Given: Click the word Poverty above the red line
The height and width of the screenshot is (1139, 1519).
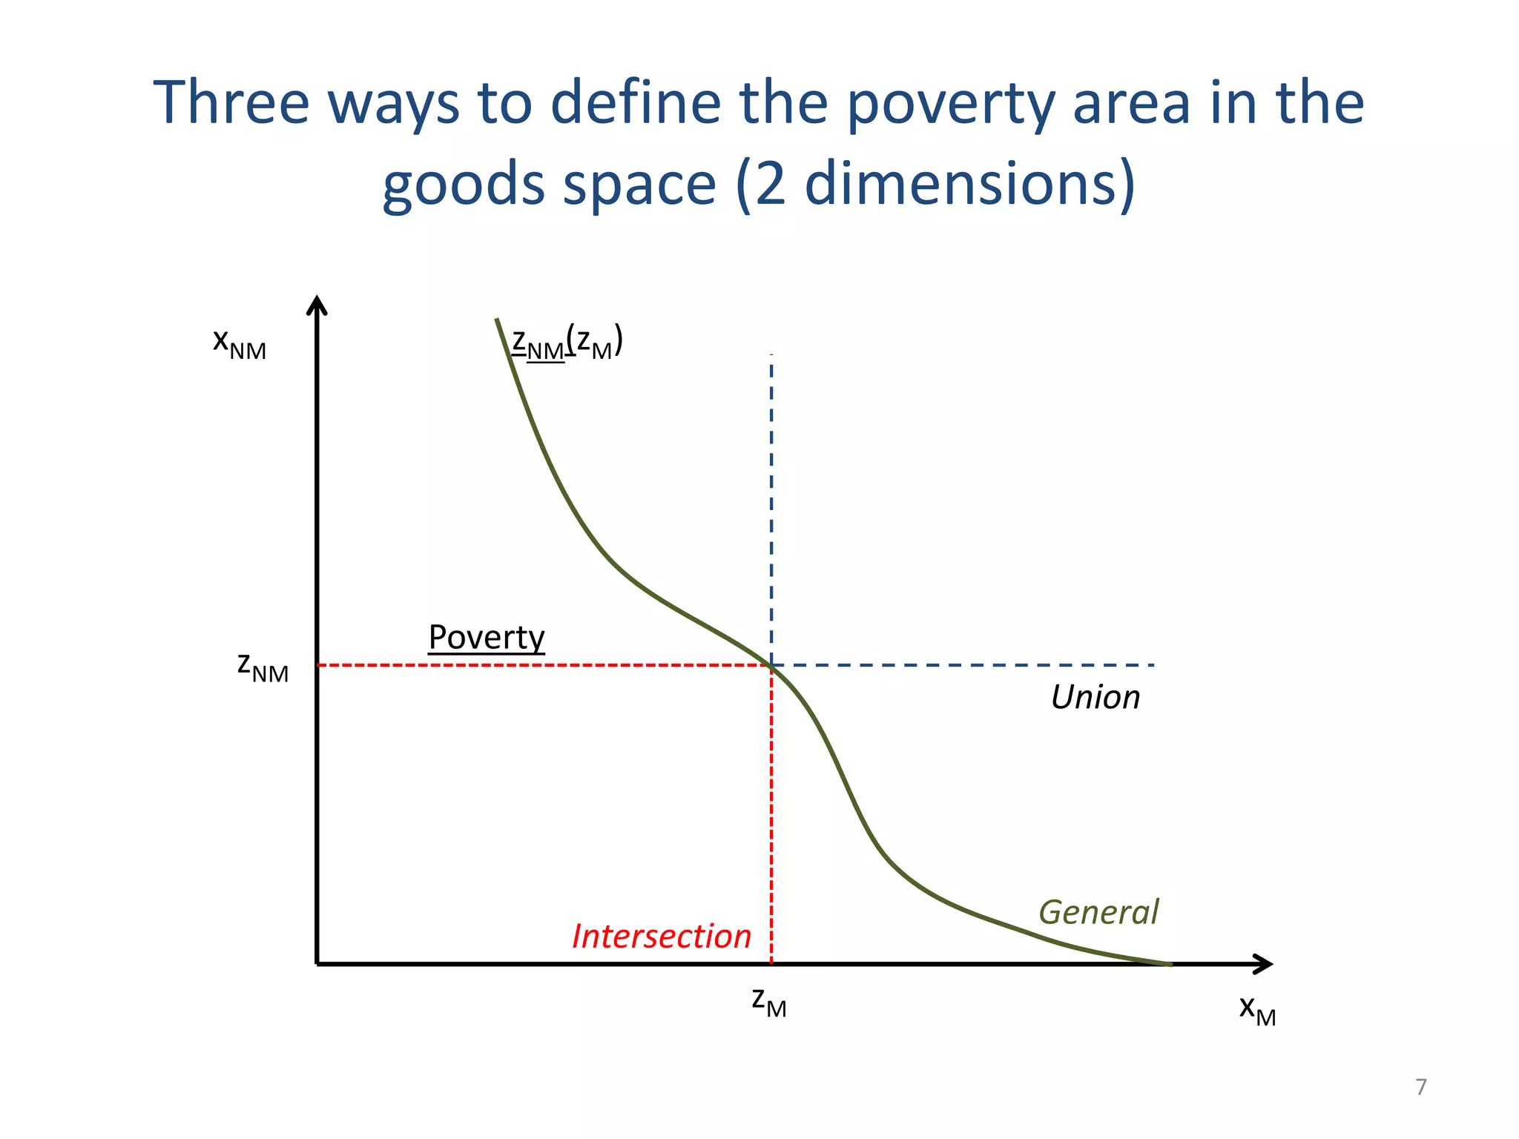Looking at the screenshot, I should coord(487,638).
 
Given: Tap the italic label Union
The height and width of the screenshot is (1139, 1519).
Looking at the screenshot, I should coord(1095,698).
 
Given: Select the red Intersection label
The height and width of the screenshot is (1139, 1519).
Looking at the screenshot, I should coord(662,937).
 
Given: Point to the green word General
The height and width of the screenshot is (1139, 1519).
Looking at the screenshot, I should coord(1098,912).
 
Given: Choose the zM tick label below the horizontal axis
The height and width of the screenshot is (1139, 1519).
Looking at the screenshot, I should coord(768,1002).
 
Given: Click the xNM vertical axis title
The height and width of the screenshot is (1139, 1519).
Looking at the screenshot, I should coord(239,343).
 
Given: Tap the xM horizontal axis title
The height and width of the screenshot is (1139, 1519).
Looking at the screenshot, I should coord(1257,1010).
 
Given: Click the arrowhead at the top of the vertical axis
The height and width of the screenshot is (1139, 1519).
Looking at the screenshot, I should coord(317,304).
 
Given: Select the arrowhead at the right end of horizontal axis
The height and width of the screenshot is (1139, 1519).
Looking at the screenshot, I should coord(1264,964).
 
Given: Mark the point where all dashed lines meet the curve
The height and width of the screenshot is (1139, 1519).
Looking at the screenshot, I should coord(771,665).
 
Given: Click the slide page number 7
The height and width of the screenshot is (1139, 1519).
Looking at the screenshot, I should coord(1420,1087).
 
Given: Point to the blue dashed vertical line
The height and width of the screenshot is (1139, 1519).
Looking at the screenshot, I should coord(771,504).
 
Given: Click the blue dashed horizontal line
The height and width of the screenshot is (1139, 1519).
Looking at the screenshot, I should coord(964,665).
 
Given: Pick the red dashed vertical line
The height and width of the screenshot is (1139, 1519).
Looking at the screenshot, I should coord(771,816).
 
